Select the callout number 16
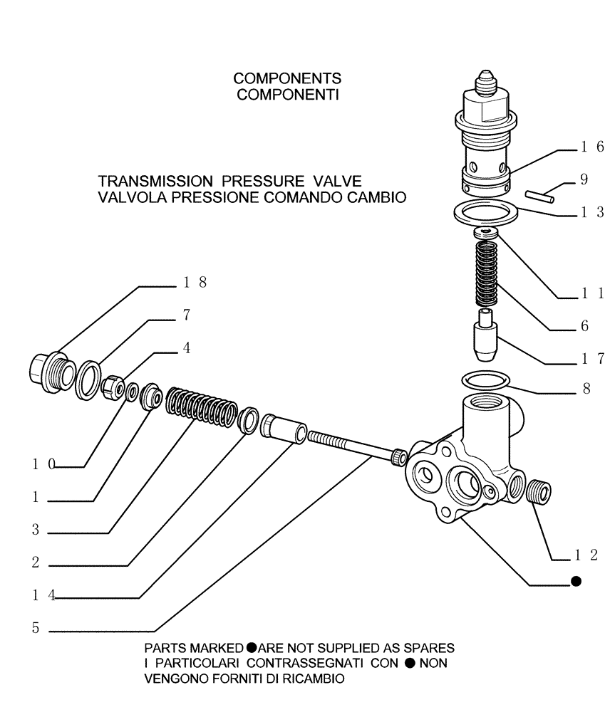coord(591,147)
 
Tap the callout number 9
coord(584,180)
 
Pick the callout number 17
coord(591,359)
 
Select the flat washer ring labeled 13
coord(486,211)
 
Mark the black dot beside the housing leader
coord(576,582)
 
